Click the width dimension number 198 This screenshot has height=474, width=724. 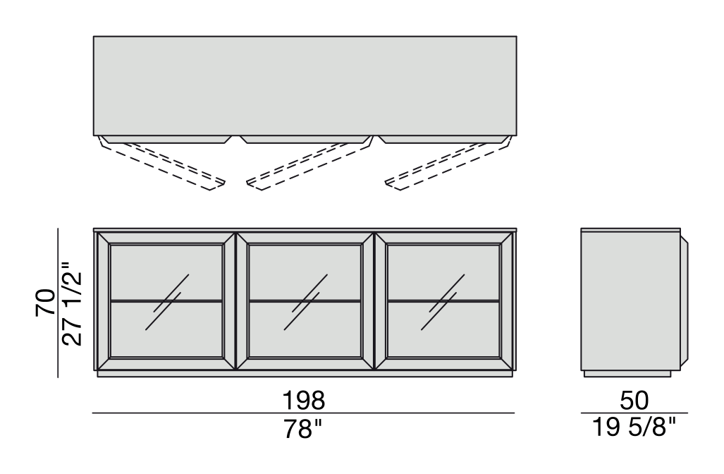tap(304, 401)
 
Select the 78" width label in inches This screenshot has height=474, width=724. tap(302, 429)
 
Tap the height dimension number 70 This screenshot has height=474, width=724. tap(45, 303)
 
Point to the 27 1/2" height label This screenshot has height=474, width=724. tap(72, 304)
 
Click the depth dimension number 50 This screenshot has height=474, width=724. tap(634, 401)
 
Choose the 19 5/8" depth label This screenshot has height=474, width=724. tap(634, 427)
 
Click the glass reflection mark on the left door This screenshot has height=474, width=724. tap(166, 302)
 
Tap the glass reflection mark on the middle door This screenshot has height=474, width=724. tap(306, 302)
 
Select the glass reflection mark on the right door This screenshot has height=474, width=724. tap(443, 302)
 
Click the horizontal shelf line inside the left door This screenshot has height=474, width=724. tap(166, 301)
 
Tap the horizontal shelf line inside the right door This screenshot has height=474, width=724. tap(443, 301)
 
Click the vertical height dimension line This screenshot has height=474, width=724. tap(58, 303)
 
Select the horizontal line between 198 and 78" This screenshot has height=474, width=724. tap(303, 413)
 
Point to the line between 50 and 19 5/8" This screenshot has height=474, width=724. tap(634, 413)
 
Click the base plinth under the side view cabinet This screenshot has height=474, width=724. tap(627, 373)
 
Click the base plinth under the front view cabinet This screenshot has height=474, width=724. tap(305, 374)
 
